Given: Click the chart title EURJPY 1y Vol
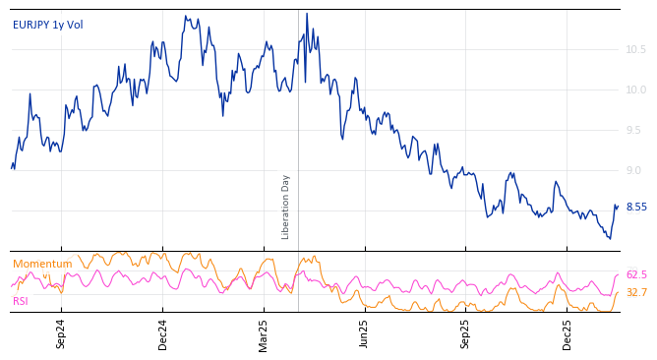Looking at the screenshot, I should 48,25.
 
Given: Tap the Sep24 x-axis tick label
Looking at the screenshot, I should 61,333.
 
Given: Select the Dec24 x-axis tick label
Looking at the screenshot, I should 163,333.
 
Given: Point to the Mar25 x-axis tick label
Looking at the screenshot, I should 264,333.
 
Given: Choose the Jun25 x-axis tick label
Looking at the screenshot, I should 364,333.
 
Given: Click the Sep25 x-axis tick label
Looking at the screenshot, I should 466,333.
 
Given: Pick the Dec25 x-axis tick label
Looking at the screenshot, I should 567,333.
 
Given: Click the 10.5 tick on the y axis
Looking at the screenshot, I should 635,49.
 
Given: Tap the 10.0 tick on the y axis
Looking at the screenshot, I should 635,90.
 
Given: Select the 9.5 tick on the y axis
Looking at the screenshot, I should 635,130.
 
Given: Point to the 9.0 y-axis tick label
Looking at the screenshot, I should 635,170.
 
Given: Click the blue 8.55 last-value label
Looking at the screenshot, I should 636,207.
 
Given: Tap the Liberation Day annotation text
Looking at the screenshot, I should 286,207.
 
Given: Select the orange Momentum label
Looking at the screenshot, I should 42,264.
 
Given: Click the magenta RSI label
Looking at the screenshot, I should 21,301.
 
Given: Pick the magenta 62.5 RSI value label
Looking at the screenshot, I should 636,275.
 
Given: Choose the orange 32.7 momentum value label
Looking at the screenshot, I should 636,292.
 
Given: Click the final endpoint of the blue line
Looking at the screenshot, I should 618,206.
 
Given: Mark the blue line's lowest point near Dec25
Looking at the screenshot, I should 610,239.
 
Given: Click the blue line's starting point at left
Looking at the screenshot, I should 12,168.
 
